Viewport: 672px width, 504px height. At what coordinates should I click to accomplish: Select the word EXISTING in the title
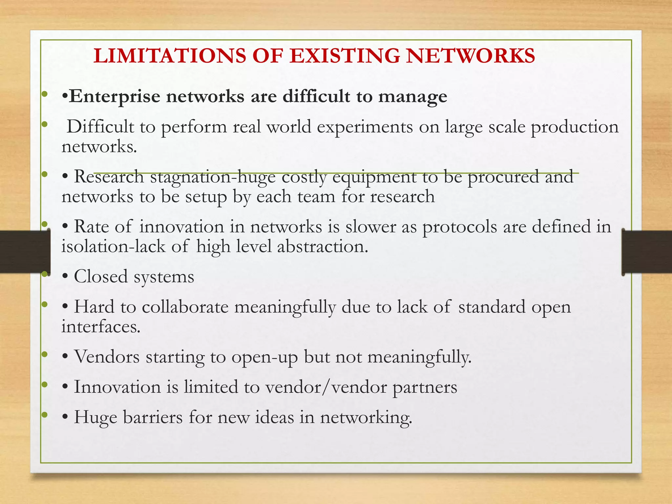(x=345, y=55)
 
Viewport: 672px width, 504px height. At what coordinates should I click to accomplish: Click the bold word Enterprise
(x=115, y=97)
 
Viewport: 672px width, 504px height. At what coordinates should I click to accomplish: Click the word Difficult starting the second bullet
(x=100, y=127)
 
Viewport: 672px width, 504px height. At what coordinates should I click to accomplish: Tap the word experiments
(x=365, y=127)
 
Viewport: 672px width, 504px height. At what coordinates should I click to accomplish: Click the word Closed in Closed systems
(x=100, y=277)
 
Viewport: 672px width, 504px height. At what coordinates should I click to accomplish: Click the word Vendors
(x=107, y=357)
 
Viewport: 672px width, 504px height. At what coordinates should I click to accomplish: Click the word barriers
(x=153, y=417)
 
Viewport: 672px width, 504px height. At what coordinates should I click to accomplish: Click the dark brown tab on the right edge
(x=646, y=252)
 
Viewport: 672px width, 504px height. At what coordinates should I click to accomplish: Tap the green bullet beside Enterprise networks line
(x=45, y=95)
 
